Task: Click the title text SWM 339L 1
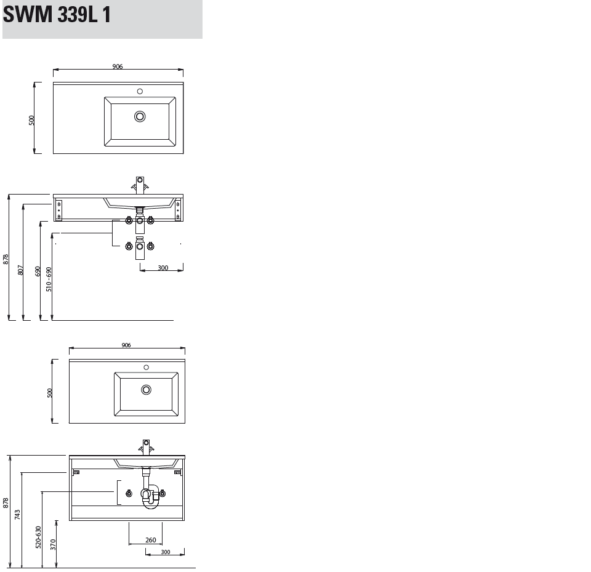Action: (x=57, y=14)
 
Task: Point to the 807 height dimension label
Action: (x=21, y=270)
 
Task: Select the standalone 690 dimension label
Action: (x=38, y=271)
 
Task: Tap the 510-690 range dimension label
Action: (x=49, y=280)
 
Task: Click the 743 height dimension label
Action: (x=17, y=515)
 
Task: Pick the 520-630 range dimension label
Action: (x=38, y=537)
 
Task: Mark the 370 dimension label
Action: (x=53, y=544)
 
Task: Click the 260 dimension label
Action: (x=151, y=540)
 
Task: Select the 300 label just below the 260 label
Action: (x=166, y=552)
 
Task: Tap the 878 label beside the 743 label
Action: (x=6, y=503)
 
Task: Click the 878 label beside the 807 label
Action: (x=6, y=259)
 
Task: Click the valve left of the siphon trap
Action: (x=129, y=493)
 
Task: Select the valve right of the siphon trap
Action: (x=163, y=493)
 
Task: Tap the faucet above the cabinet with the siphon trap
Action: (x=147, y=447)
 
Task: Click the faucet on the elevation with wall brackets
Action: (x=140, y=185)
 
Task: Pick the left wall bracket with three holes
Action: (x=59, y=210)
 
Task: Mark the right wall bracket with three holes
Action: (x=178, y=209)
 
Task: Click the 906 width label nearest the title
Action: (x=118, y=66)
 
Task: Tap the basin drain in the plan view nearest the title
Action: (x=140, y=116)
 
